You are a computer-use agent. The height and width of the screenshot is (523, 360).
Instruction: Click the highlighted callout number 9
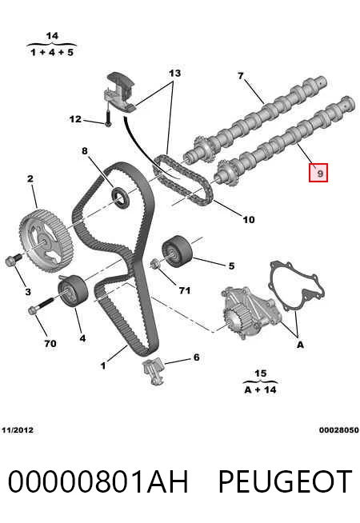click(x=318, y=173)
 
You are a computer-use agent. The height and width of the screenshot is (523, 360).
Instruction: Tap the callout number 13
click(x=174, y=73)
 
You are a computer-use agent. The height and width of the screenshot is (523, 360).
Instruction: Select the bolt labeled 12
click(x=108, y=118)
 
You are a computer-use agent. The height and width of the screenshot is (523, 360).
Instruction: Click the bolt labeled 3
click(x=13, y=259)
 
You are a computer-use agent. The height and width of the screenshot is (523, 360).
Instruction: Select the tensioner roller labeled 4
click(x=73, y=290)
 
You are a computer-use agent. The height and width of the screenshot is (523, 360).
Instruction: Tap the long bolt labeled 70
click(x=41, y=306)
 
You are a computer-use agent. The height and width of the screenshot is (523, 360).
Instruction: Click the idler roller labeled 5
click(x=177, y=251)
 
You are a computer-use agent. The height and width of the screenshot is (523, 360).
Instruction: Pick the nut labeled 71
click(x=154, y=264)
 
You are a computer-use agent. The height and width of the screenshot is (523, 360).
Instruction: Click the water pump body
click(x=251, y=313)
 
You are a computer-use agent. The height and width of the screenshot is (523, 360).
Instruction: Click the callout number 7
click(x=241, y=76)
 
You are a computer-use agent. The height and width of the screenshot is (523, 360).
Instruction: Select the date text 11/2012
click(x=18, y=430)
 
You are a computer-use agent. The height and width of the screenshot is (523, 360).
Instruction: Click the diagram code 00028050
click(x=339, y=430)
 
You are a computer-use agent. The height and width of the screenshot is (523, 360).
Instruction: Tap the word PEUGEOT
click(x=285, y=481)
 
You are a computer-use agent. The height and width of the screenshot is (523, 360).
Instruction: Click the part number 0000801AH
click(x=98, y=481)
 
